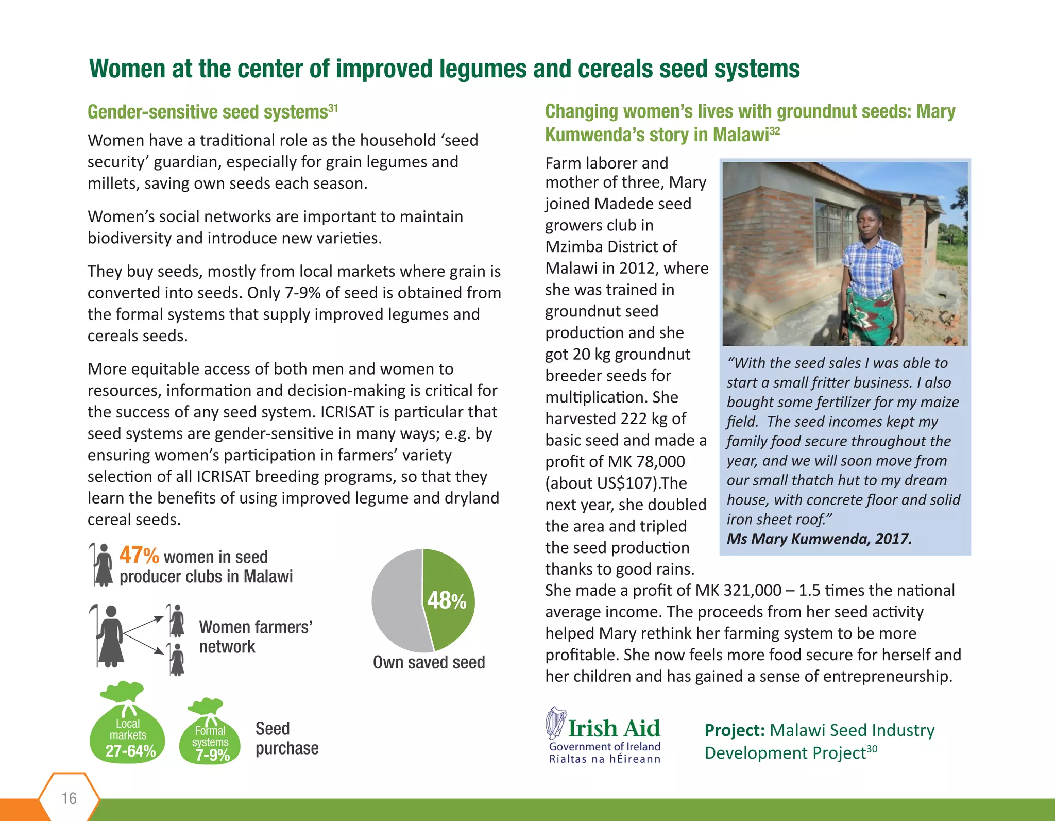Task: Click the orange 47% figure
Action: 139,556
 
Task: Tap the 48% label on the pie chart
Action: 446,600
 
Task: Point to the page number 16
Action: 69,798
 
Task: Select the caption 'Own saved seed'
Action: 429,662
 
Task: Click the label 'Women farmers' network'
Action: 256,636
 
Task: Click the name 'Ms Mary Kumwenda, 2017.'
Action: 819,539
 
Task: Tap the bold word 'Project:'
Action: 735,730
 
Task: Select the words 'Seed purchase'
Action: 286,739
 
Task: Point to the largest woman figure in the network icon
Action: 110,636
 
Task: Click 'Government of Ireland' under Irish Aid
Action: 604,746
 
